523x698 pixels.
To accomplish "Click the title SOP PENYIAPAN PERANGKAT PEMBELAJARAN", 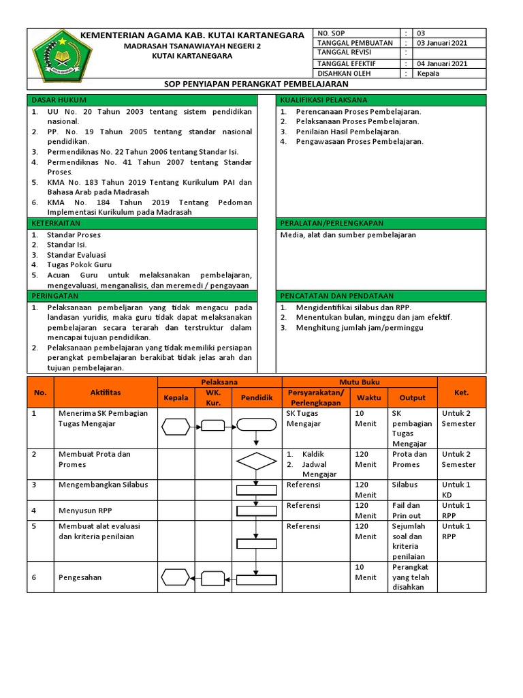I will tap(257, 84).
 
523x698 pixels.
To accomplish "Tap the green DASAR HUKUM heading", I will tap(55, 100).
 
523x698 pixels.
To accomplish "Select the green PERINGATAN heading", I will tap(55, 296).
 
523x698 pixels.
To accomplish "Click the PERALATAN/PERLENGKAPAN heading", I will tap(332, 223).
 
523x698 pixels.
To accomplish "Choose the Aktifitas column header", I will tap(106, 393).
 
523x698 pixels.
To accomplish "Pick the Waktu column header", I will tap(369, 397).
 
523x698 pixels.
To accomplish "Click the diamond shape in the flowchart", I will tap(255, 461).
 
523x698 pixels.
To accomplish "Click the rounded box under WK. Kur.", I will tap(213, 427).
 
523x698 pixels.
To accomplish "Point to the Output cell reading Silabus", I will tap(405, 485).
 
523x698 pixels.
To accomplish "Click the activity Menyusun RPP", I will tap(85, 509).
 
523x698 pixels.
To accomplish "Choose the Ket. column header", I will tap(461, 393).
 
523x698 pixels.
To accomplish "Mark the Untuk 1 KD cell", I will tap(456, 489).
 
